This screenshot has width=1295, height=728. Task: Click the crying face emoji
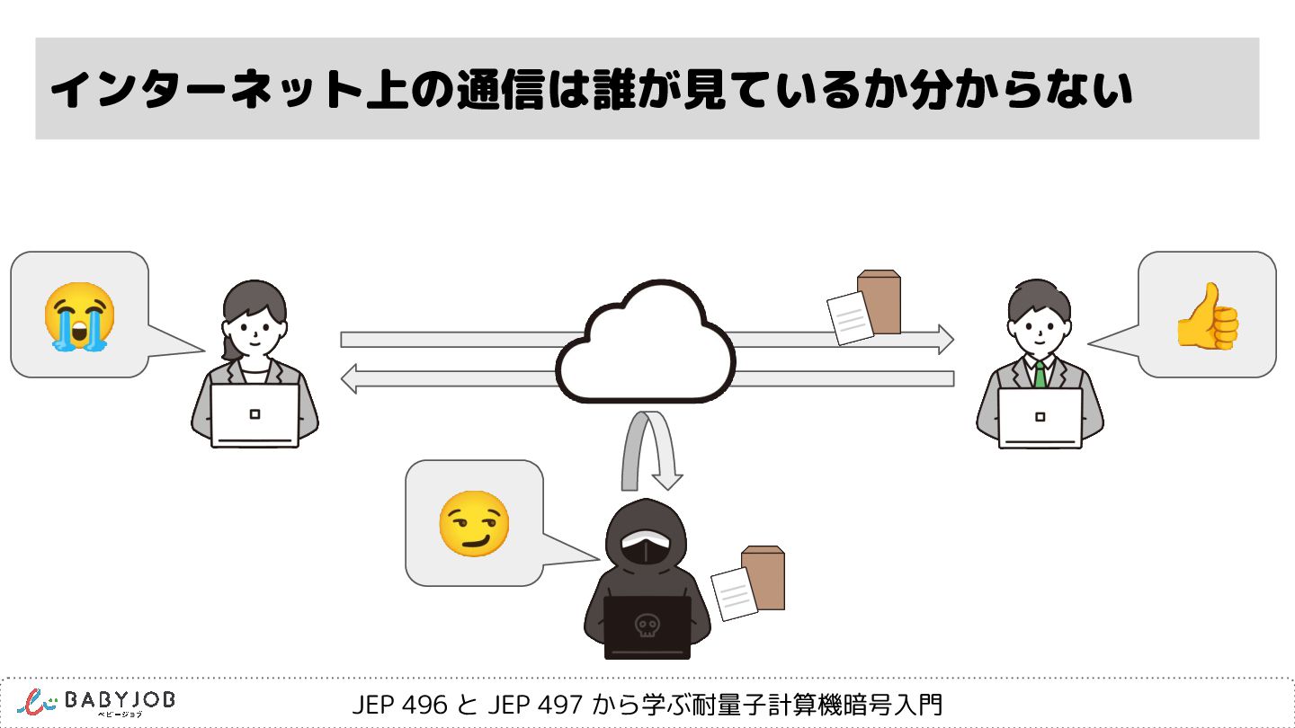(79, 315)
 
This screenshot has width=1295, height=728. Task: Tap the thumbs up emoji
(1207, 315)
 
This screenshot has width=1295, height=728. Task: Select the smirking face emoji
(473, 523)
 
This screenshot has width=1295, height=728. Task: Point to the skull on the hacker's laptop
(646, 625)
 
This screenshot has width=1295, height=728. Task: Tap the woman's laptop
(255, 415)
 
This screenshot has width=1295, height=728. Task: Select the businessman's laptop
(1040, 417)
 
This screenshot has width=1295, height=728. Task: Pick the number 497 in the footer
(560, 705)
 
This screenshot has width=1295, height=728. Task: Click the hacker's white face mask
(645, 548)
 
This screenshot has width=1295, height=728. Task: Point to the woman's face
(255, 332)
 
